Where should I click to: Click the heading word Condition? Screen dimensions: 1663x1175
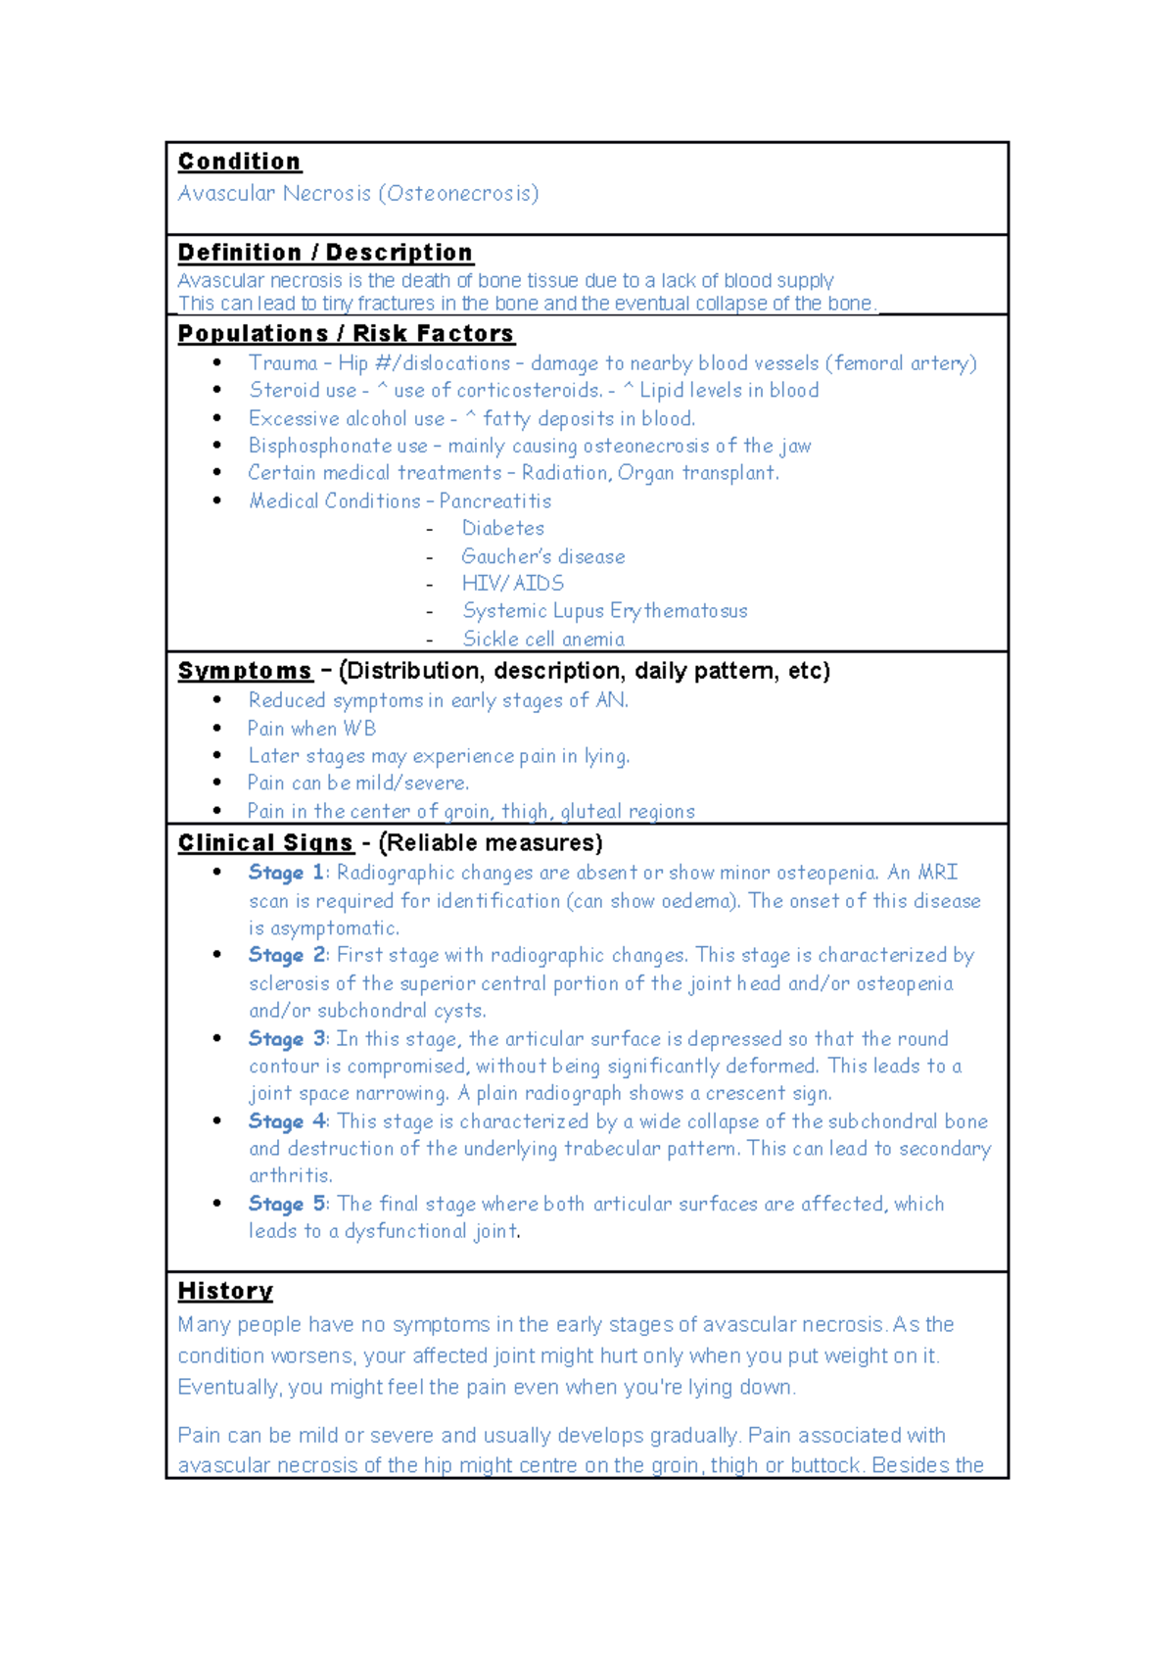pos(239,162)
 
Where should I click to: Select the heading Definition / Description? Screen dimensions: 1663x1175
pos(325,253)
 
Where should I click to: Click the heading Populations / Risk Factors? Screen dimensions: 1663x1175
pos(346,334)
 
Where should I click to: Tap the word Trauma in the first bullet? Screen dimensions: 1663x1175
pos(283,363)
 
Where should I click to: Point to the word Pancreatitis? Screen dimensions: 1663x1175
pos(495,501)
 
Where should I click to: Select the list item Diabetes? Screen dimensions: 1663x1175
pos(503,529)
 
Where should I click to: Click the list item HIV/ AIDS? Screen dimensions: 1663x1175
pos(513,584)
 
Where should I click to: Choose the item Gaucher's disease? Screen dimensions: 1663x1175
pos(543,556)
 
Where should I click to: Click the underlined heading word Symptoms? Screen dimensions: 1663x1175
pos(245,672)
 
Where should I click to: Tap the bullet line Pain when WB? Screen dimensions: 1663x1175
pos(311,729)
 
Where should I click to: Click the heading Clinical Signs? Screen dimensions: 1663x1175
pos(265,843)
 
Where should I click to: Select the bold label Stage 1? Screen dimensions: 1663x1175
pos(286,873)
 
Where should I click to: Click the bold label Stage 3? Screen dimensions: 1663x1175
pos(287,1039)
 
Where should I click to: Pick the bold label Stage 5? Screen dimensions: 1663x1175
pos(287,1204)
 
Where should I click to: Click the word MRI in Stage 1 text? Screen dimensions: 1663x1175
pos(937,873)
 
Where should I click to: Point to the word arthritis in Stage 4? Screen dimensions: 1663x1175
pos(290,1175)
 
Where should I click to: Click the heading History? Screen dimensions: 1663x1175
pos(225,1291)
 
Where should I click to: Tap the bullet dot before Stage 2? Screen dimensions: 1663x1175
pos(217,955)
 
